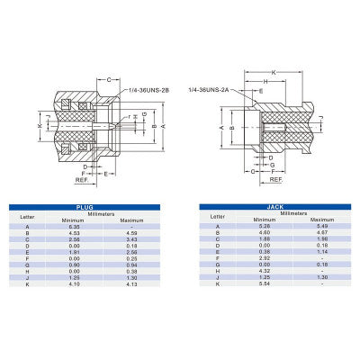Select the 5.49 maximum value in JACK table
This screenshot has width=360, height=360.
(x=316, y=227)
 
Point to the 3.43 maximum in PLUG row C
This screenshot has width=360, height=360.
(x=132, y=239)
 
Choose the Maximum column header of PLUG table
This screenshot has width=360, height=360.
(x=132, y=220)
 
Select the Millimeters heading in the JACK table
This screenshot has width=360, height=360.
(x=290, y=212)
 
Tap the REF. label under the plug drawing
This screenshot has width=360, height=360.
(x=83, y=180)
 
